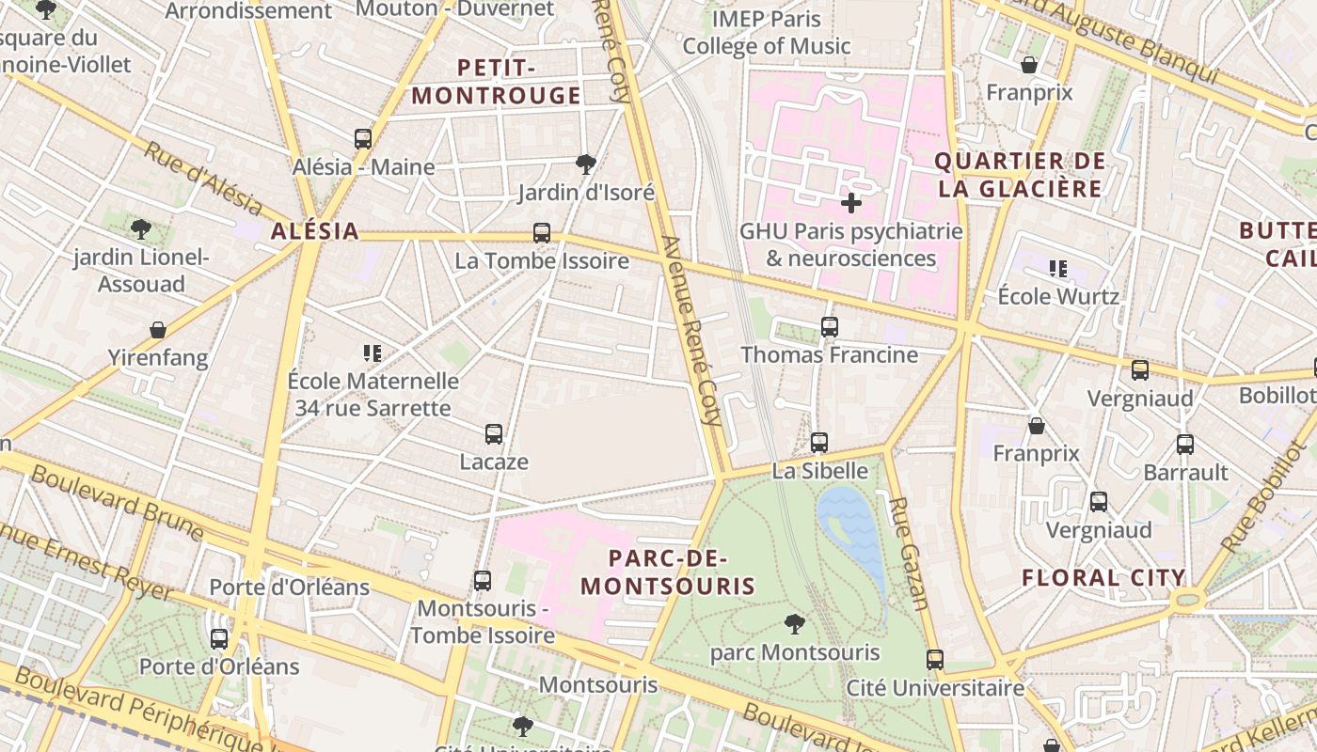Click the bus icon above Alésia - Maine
click(363, 139)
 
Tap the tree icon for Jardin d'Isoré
click(586, 164)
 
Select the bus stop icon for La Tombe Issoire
click(542, 232)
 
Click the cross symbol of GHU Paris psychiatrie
click(851, 203)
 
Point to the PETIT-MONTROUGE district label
click(496, 82)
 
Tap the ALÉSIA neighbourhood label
click(315, 231)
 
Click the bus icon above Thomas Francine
click(830, 327)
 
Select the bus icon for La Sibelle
click(819, 443)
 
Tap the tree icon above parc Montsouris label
click(795, 623)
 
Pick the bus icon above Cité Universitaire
click(935, 660)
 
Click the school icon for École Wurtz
click(1058, 269)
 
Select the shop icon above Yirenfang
click(158, 330)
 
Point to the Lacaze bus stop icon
click(494, 434)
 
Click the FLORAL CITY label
click(1103, 578)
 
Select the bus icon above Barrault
click(1185, 444)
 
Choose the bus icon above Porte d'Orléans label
click(219, 639)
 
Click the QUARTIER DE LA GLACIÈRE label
click(1019, 175)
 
